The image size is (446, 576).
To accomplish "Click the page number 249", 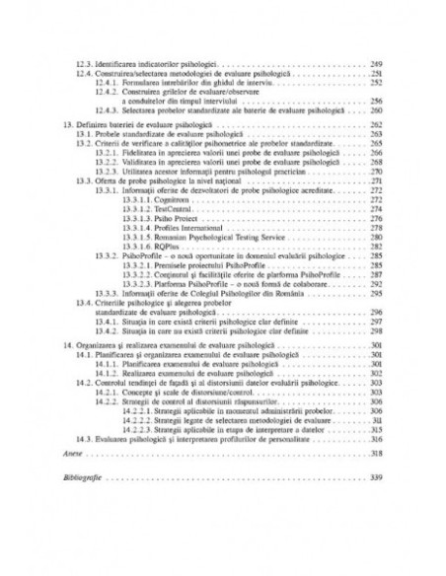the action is pos(376,63).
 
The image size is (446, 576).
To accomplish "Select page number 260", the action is pos(376,111).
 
